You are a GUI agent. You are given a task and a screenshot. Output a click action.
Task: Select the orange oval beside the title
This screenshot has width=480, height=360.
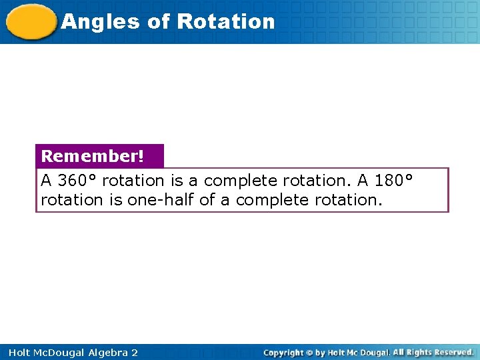coord(31,22)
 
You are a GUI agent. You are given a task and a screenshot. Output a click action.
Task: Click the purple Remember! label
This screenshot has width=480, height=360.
coord(93,156)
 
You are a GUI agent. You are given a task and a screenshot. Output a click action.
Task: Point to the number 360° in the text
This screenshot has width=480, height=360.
coord(77,181)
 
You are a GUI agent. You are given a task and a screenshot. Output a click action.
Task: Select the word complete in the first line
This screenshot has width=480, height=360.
coord(238,181)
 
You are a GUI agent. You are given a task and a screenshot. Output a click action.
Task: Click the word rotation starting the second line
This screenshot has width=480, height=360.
coord(71,200)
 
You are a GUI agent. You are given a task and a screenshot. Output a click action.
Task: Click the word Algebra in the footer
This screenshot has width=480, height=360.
coord(105,353)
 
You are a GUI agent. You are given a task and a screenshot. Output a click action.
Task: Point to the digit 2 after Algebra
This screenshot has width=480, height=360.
coord(134,353)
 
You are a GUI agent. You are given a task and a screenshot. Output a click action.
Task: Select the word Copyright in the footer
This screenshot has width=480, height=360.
coord(283,353)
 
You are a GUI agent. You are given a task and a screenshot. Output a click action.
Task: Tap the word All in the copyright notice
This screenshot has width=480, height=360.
coord(399,352)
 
